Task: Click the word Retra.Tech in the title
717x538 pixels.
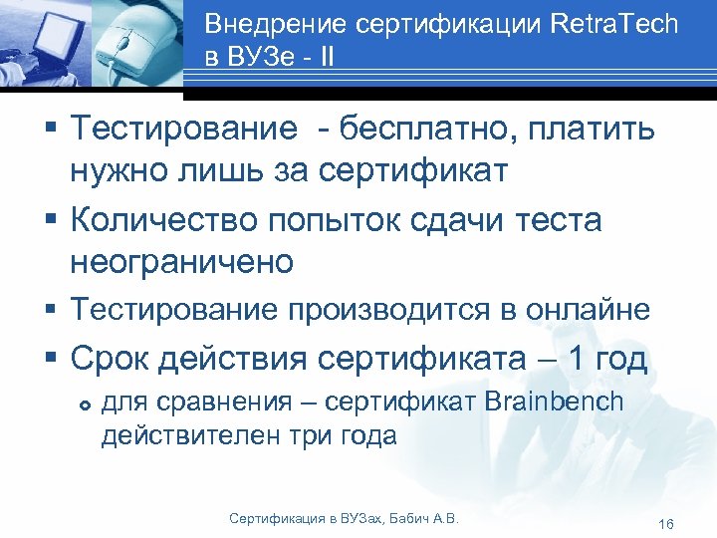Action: pos(615,25)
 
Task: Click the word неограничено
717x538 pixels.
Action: pos(182,261)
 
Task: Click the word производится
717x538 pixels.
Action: pos(396,310)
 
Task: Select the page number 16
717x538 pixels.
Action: pos(666,524)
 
